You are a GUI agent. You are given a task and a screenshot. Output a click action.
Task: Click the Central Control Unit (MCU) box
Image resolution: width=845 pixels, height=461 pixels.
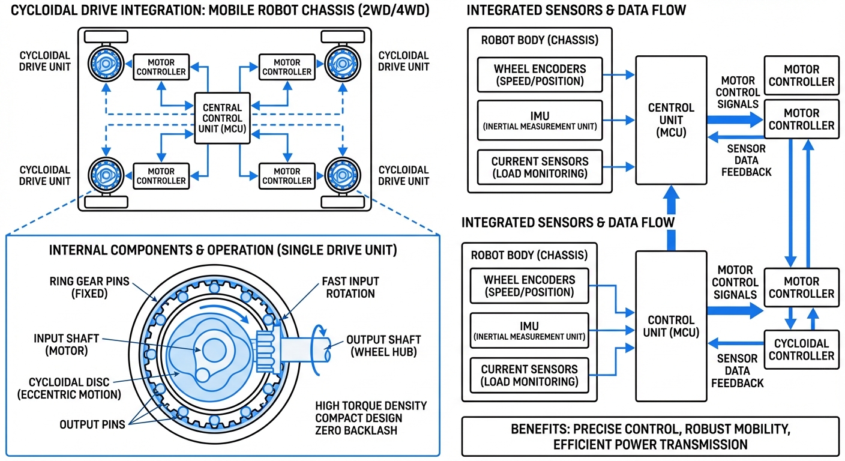[222, 118]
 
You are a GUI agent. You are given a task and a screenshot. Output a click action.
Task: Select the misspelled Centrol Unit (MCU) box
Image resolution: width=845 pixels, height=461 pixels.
[671, 119]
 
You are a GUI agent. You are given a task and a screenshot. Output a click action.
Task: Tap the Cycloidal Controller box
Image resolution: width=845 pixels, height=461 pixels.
[801, 349]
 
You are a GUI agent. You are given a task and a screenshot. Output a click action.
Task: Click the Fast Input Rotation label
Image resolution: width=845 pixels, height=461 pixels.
[350, 288]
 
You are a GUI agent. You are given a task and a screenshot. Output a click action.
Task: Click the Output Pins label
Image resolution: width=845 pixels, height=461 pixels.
[92, 424]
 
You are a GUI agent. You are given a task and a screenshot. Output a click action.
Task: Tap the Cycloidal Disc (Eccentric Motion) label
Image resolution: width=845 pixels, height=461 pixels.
[75, 388]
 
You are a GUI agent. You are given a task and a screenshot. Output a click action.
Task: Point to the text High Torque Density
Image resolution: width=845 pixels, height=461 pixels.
[370, 406]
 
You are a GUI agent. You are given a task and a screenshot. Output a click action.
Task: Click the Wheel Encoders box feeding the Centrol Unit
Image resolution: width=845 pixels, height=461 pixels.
[540, 75]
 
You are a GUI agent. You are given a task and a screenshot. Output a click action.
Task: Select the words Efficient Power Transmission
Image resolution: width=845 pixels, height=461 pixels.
[651, 445]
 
